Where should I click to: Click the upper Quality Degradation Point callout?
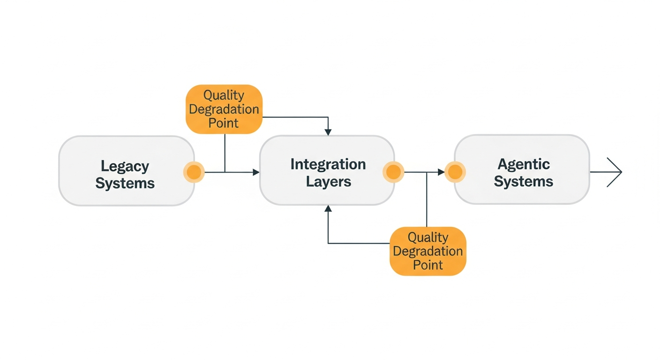click(224, 109)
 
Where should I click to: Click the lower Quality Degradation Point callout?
click(428, 251)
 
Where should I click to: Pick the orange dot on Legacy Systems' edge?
click(194, 172)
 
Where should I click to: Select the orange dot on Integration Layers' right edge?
click(393, 172)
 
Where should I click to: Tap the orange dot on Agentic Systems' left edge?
click(455, 172)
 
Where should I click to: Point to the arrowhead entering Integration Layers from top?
click(328, 133)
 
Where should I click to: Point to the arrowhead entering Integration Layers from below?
click(328, 209)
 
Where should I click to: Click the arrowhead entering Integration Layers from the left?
click(256, 172)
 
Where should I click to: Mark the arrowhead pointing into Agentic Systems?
click(441, 172)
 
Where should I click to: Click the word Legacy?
click(125, 166)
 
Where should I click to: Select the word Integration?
click(328, 165)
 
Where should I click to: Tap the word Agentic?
click(523, 165)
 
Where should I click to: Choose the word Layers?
click(328, 182)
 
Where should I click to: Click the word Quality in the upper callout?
click(224, 95)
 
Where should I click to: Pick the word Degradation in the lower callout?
click(428, 251)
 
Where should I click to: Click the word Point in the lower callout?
click(428, 265)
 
